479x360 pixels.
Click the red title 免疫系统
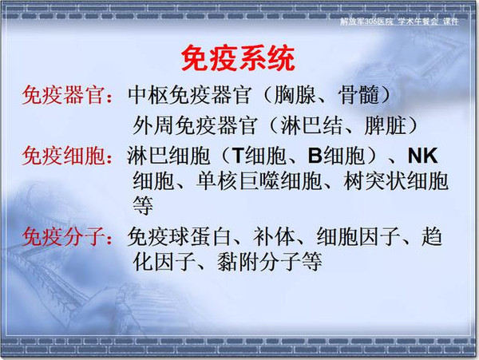pos(238,58)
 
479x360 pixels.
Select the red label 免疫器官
pos(62,95)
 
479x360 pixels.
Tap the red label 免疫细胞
pos(63,156)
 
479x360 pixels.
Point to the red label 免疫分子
pos(63,236)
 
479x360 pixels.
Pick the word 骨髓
pos(359,95)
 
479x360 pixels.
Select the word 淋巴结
pos(311,125)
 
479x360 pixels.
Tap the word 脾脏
pos(386,125)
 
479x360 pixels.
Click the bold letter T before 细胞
pos(238,156)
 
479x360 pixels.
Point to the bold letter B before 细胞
pos(315,156)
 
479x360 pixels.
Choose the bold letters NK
pos(423,156)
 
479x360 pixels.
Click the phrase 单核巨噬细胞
pos(259,180)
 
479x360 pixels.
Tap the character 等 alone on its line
pos(143,205)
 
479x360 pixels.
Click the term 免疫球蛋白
pos(179,236)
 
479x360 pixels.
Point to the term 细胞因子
pos(358,236)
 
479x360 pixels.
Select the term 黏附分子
pos(259,261)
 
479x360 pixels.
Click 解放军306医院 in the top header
pos(366,22)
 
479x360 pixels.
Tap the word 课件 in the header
pos(450,22)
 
